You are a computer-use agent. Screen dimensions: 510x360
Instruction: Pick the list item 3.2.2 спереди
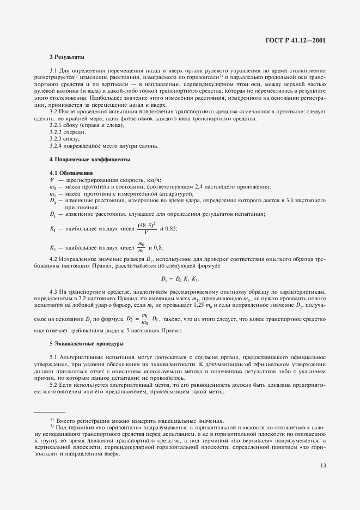click(x=68, y=132)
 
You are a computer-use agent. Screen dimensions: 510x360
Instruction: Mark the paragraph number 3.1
click(x=53, y=71)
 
